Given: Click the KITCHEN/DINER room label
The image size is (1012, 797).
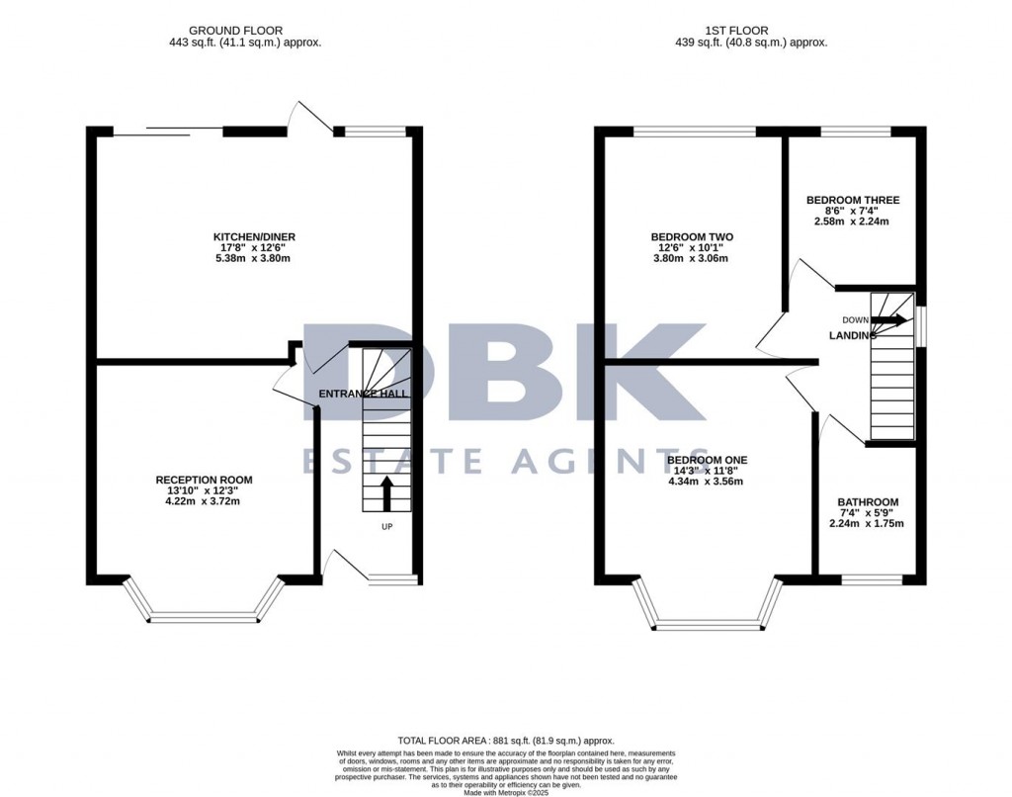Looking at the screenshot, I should click(x=255, y=236).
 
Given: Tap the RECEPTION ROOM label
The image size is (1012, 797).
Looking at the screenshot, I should click(x=198, y=480).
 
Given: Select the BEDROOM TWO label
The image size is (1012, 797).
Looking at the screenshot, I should click(x=692, y=236).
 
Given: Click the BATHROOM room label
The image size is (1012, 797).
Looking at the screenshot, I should click(x=868, y=501).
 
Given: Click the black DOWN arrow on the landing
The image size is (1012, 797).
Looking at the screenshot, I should click(x=889, y=320).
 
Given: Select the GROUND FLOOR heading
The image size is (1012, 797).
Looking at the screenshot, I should click(x=244, y=31).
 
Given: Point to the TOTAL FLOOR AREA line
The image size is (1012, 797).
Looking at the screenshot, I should click(x=505, y=741).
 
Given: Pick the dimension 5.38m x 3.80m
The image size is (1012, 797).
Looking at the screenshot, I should click(x=255, y=258).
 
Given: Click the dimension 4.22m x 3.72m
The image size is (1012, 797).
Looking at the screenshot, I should click(x=198, y=501).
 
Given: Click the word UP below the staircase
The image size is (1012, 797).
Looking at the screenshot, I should click(x=386, y=526).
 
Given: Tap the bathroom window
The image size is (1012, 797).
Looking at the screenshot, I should click(x=871, y=577).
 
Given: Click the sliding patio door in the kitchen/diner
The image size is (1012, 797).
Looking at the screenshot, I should click(x=168, y=130).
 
